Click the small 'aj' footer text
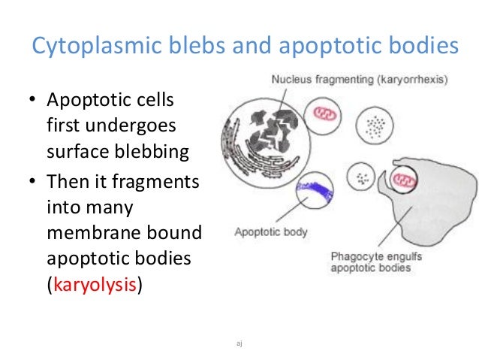coord(239,343)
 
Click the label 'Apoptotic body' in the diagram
coord(271,233)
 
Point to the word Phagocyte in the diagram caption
coord(357,256)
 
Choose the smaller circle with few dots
coord(365,179)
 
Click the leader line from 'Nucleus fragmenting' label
coord(282,101)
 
